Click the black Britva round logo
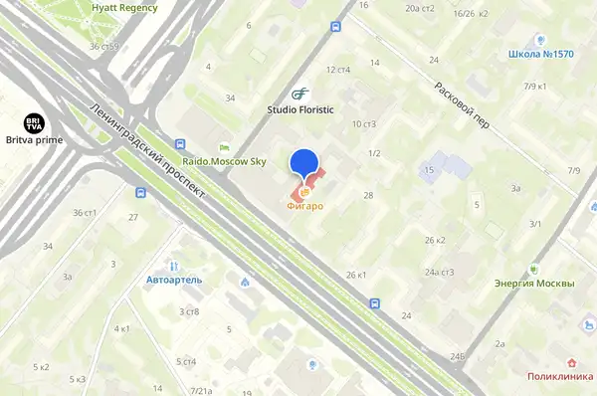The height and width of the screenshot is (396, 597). tap(34, 123)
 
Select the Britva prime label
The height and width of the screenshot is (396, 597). tap(34, 141)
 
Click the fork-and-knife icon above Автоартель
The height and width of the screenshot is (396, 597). tap(174, 266)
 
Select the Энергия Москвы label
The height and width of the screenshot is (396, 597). tap(534, 284)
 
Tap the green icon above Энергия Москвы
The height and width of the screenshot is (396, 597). tap(534, 269)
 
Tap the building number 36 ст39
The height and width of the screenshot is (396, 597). tap(102, 46)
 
